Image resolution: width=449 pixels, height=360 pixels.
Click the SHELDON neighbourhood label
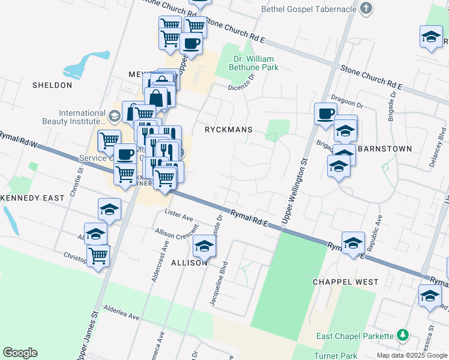coord(52,85)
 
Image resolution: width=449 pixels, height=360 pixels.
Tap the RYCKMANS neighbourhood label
coord(228,130)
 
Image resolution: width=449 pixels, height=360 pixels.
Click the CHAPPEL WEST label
coord(346,282)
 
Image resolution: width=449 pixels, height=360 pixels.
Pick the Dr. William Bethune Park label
coord(253,63)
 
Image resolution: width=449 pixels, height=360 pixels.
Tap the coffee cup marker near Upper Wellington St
coord(326,113)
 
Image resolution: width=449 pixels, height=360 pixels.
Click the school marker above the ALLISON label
coord(204,245)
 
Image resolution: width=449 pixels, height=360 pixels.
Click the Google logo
coord(20,353)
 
